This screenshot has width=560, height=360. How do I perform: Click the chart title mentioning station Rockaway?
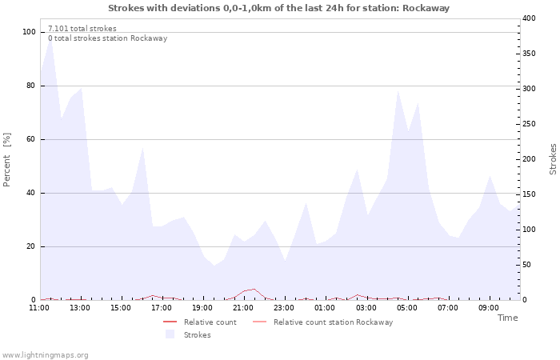pos(278,8)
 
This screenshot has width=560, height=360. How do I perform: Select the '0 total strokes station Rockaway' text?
pos(107,38)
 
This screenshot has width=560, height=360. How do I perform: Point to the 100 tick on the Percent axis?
pos(29,32)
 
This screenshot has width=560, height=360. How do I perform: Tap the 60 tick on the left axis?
pos(30,139)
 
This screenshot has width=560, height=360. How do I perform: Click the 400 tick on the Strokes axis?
pos(530,18)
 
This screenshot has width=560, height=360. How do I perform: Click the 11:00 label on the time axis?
pos(39,308)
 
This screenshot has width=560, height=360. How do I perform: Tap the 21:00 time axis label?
pos(244,308)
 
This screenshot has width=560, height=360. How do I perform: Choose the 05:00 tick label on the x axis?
pos(407,308)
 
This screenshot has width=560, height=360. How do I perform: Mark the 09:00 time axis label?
pos(489,308)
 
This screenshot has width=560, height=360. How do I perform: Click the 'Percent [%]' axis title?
pos(7,159)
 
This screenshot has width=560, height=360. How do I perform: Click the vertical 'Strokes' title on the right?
pos(553,159)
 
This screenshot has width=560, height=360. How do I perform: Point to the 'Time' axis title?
pos(507,318)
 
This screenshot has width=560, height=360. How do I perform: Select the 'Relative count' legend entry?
pos(210,322)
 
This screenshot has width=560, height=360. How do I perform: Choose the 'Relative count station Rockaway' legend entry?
pos(333,322)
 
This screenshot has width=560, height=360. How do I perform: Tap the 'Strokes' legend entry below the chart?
pos(198,335)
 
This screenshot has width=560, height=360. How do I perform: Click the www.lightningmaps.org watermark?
pos(45,355)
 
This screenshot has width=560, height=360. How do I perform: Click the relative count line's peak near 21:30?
pos(254,289)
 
